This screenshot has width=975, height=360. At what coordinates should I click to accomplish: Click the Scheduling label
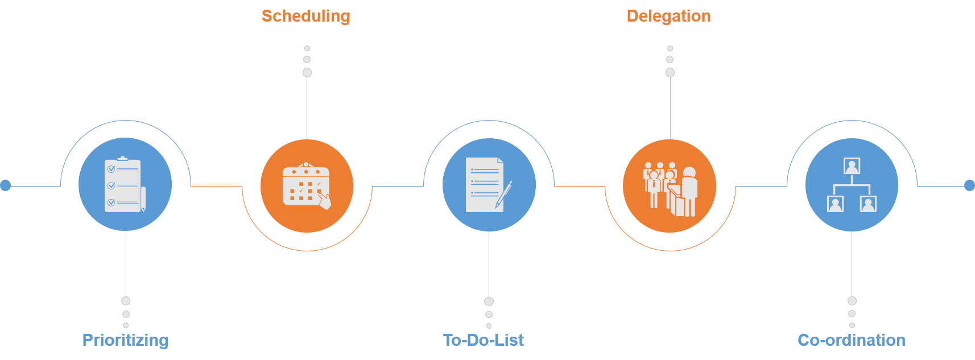(x=305, y=16)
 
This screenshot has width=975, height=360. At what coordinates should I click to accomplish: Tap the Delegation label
(x=668, y=16)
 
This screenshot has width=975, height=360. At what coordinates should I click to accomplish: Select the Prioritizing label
(x=125, y=340)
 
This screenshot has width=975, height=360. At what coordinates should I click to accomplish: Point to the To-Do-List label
(x=484, y=340)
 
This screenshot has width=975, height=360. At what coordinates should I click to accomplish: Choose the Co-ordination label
(x=852, y=340)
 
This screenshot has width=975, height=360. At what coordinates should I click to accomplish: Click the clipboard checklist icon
(x=123, y=185)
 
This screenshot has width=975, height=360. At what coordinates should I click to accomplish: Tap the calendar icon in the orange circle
(x=305, y=184)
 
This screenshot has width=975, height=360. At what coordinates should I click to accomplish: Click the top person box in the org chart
(x=852, y=166)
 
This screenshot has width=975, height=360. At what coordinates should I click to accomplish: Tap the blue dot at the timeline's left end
(x=6, y=185)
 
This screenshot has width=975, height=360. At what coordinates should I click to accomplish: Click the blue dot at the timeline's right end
(x=969, y=185)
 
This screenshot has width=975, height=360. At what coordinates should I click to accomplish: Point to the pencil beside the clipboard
(x=143, y=198)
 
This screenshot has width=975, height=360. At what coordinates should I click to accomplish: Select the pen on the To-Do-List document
(x=504, y=195)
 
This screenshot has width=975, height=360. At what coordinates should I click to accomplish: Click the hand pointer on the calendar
(x=324, y=200)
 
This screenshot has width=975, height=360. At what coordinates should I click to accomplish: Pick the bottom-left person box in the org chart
(x=835, y=204)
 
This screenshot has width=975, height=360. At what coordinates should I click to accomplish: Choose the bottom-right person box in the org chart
(x=868, y=204)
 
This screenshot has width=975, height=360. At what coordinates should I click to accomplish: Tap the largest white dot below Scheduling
(x=307, y=72)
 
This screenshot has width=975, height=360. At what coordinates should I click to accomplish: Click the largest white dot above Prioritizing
(x=126, y=301)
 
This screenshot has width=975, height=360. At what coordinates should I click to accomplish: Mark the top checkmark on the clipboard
(x=111, y=169)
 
